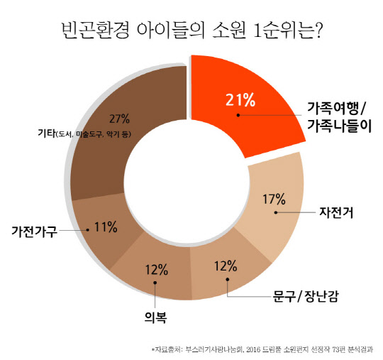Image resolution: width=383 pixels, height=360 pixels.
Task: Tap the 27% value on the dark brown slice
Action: [121, 117]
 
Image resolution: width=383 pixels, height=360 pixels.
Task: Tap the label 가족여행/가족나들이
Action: [335, 116]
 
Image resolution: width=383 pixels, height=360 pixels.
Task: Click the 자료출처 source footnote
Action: [262, 349]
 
